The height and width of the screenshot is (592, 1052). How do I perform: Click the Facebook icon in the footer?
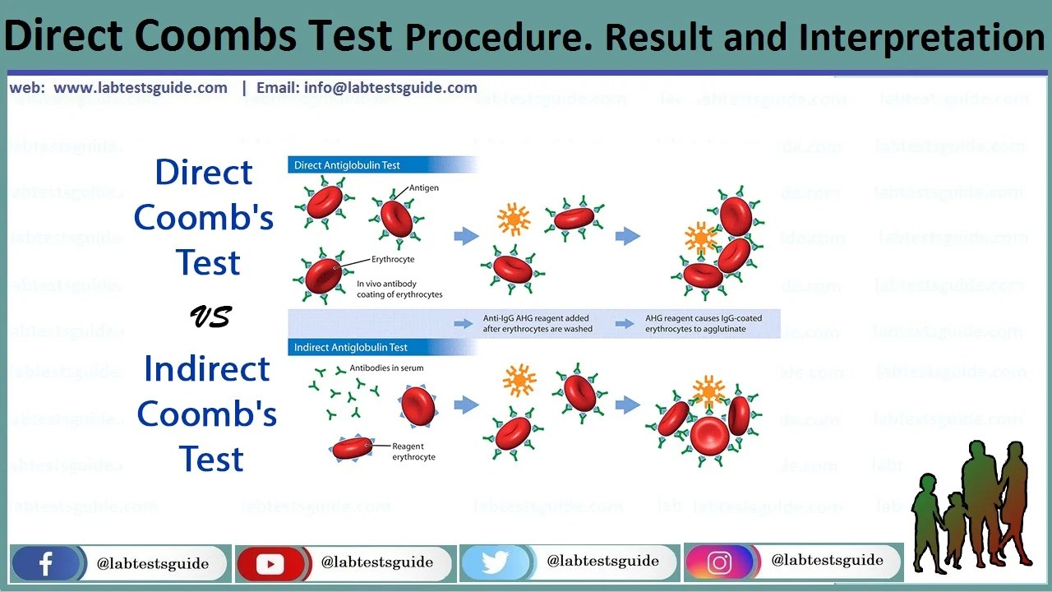pos(45,564)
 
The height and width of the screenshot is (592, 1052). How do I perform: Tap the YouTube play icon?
pos(270,564)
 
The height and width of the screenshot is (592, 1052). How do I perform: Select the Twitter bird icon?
pos(495,563)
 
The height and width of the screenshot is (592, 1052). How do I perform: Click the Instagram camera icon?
pos(719,563)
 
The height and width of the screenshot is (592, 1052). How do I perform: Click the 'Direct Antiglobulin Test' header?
pos(347,165)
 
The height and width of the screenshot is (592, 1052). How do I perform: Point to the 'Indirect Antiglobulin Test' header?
pos(351,348)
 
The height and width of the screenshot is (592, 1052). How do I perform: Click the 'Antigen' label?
pos(424,187)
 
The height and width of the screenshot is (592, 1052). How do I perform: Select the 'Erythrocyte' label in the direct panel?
pos(393,260)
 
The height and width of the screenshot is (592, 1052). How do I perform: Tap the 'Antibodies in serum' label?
pos(386,368)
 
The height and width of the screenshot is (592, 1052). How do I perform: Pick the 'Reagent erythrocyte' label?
pos(414,451)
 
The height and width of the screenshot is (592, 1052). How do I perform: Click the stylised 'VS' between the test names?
pos(210,317)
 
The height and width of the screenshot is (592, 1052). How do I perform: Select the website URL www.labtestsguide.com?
pos(140,88)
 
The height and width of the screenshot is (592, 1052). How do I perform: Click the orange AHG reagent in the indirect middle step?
pos(519,380)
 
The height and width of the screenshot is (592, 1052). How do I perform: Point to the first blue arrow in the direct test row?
pos(466,236)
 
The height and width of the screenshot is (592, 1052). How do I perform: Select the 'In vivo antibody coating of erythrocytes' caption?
pos(399,289)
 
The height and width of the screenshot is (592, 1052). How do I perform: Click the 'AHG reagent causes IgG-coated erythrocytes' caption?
pos(703,323)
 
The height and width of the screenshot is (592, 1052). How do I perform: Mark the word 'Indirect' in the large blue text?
pos(206,369)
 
